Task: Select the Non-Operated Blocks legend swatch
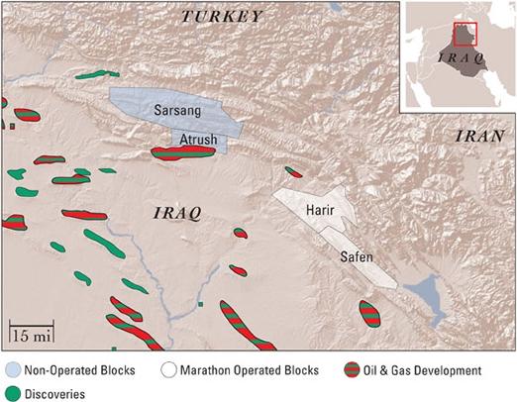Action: click(13, 371)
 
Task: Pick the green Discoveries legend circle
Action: click(13, 393)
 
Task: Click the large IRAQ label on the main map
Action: click(178, 212)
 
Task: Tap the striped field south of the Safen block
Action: click(369, 313)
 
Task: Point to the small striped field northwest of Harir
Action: click(293, 172)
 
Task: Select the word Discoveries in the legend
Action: click(55, 393)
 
